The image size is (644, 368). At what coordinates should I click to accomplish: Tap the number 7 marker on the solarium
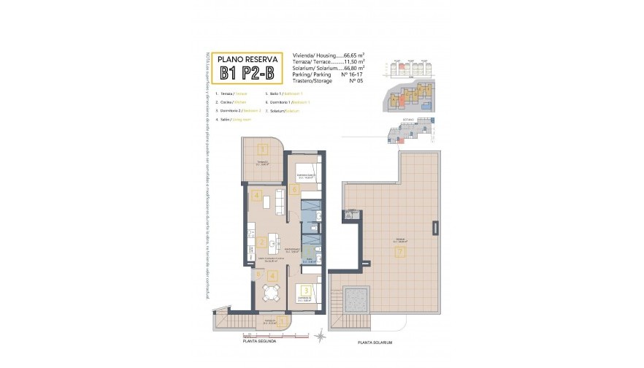click(399, 252)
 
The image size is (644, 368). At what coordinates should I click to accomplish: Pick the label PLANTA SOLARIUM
click(375, 343)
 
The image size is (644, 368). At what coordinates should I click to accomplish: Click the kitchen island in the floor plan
click(273, 241)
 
